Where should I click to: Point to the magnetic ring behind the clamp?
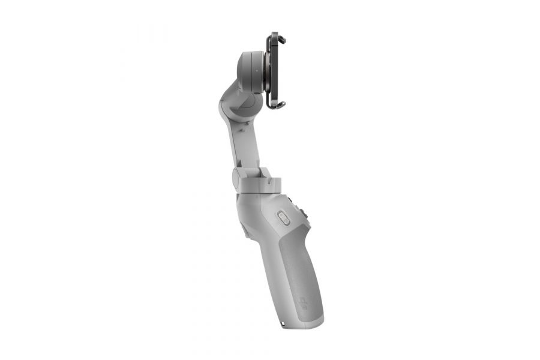pyautogui.click(x=265, y=71)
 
